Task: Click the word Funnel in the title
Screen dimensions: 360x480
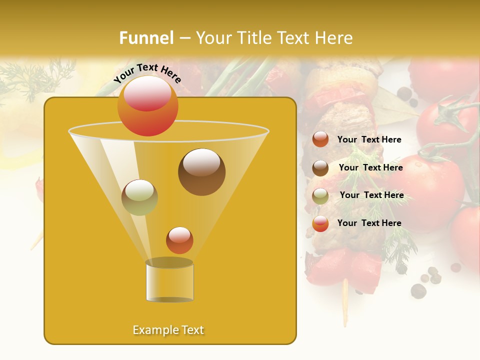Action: [146, 38]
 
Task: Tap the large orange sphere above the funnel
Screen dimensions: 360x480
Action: [147, 106]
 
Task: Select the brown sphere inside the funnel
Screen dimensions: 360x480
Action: [201, 171]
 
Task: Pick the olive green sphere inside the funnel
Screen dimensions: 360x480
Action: [139, 197]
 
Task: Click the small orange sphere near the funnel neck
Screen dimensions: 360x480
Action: [179, 240]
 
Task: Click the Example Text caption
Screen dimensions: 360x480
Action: [168, 330]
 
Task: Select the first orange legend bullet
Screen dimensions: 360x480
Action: [320, 139]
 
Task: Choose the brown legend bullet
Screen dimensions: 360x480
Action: [320, 168]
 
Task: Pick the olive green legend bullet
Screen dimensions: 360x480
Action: [320, 196]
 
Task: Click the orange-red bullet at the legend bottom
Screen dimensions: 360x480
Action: [320, 223]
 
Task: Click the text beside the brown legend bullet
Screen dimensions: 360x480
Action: [370, 167]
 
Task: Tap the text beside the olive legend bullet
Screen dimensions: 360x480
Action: [371, 195]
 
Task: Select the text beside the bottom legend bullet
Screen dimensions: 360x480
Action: [369, 223]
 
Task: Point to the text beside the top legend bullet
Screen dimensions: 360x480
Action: [369, 139]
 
